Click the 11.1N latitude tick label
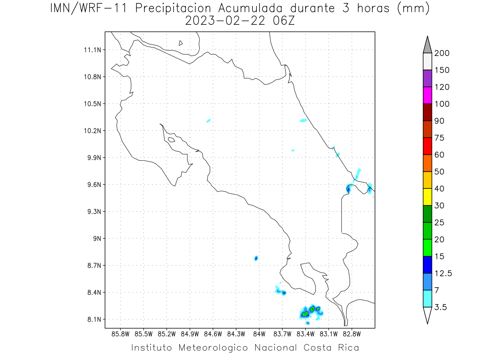pyautogui.click(x=92, y=50)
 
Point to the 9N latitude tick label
pyautogui.click(x=97, y=238)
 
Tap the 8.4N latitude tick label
pyautogui.click(x=94, y=292)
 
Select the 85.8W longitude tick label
pyautogui.click(x=120, y=334)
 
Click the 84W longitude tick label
pyautogui.click(x=259, y=334)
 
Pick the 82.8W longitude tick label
pyautogui.click(x=352, y=334)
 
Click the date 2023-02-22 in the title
pyautogui.click(x=225, y=21)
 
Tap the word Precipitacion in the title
pyautogui.click(x=173, y=8)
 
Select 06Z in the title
pyautogui.click(x=284, y=21)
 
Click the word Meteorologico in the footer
pyautogui.click(x=213, y=348)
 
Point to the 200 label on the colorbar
pyautogui.click(x=442, y=53)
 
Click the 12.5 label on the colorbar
pyautogui.click(x=443, y=274)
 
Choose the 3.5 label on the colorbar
pyautogui.click(x=441, y=307)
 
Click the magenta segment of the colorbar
pyautogui.click(x=427, y=95)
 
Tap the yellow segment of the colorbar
pyautogui.click(x=427, y=197)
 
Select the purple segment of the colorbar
pyautogui.click(x=427, y=78)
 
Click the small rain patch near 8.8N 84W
pyautogui.click(x=256, y=258)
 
